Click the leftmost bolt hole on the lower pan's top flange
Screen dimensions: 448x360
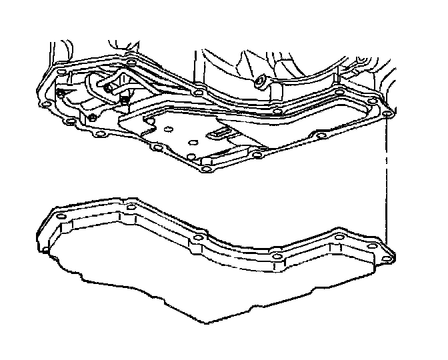tap(59, 218)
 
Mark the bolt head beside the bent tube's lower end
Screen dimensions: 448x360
tap(125, 101)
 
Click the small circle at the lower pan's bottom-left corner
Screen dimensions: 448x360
tap(47, 251)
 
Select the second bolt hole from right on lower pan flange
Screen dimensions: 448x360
tap(339, 238)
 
